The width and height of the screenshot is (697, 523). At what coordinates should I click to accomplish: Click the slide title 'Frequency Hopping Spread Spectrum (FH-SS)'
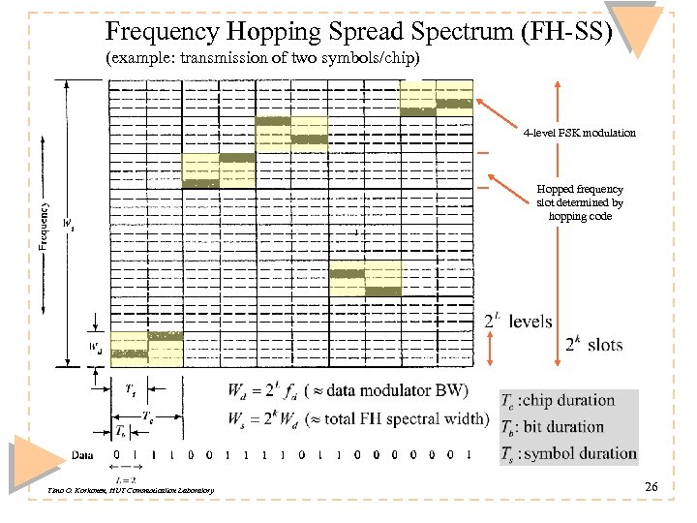pyautogui.click(x=359, y=32)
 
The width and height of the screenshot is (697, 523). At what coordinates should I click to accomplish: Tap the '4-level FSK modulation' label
pyautogui.click(x=579, y=133)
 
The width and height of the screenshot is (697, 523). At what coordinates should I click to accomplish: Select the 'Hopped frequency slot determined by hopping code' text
pyautogui.click(x=579, y=203)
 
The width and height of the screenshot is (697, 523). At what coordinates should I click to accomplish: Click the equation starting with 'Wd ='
pyautogui.click(x=348, y=391)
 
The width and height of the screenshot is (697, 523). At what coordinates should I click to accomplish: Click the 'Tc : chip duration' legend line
pyautogui.click(x=558, y=400)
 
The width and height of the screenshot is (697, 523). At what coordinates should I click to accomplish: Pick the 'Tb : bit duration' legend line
pyautogui.click(x=552, y=426)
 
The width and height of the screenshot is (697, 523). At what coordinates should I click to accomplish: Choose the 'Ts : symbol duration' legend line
pyautogui.click(x=568, y=452)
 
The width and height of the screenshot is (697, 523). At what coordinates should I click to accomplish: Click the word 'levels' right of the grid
pyautogui.click(x=530, y=321)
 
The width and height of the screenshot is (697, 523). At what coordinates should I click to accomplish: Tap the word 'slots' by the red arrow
pyautogui.click(x=605, y=345)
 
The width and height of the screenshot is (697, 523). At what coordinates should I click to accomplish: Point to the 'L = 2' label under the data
pyautogui.click(x=123, y=479)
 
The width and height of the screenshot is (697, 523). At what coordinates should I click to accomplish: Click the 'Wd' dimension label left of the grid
pyautogui.click(x=96, y=347)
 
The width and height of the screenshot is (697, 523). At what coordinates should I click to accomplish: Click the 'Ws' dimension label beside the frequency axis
pyautogui.click(x=69, y=225)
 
